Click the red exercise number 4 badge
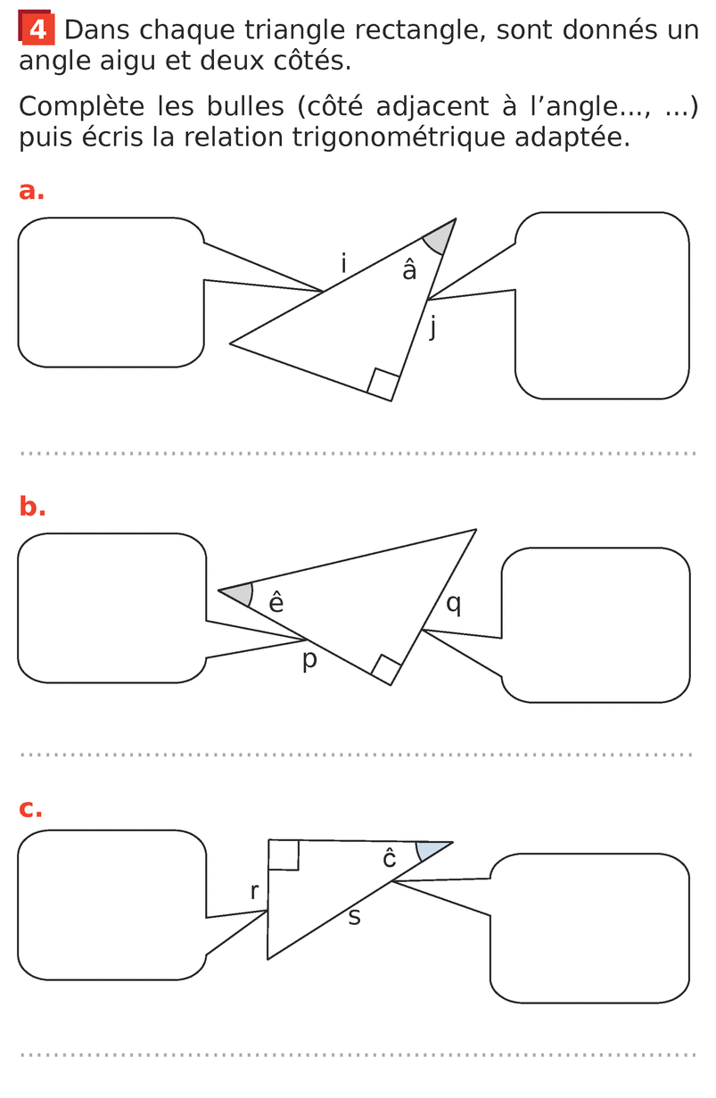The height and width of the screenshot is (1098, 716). pos(37,27)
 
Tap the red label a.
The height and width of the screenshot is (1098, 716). pos(31,191)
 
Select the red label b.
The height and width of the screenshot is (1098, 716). pos(32,506)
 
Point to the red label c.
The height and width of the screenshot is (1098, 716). pos(30,808)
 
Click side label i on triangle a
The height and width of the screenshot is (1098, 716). pos(344,263)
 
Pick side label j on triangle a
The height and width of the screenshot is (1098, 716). pos(432,326)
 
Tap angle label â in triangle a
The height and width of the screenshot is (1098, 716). pos(409,270)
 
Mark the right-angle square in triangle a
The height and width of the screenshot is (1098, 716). pos(383,384)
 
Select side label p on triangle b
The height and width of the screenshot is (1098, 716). pos(309,660)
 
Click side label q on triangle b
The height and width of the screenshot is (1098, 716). pos(454,604)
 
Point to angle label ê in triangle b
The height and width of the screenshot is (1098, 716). pos(276,602)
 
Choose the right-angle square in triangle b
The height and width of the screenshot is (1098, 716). pos(387,670)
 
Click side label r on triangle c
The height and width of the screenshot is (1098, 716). pos(254,891)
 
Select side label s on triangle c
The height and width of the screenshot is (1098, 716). pos(354,916)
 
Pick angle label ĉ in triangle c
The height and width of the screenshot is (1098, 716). pos(389,859)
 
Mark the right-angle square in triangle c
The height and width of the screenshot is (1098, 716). pos(284,854)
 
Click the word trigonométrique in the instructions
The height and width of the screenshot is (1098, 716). pos(399,137)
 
